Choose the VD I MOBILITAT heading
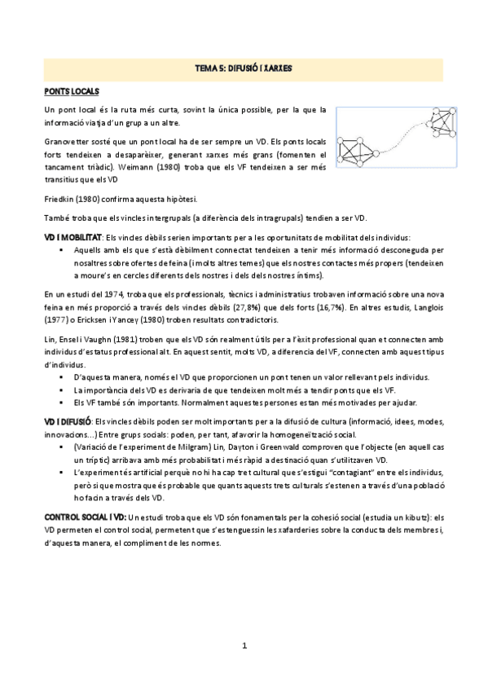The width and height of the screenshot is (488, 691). (76, 236)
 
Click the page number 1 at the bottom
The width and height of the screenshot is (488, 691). (244, 645)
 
